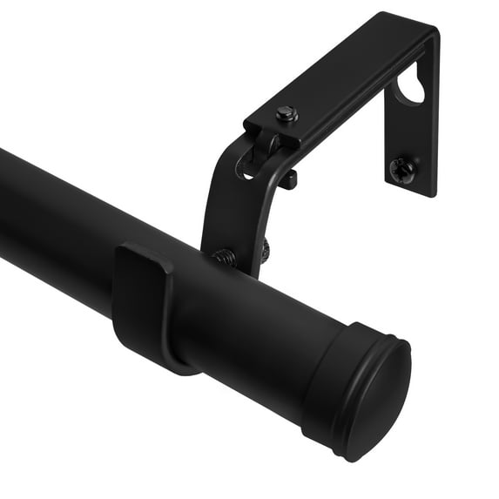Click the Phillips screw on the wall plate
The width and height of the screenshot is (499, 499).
point(403,170)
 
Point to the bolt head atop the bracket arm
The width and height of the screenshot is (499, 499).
point(287,114)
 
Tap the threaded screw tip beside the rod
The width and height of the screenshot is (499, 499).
point(225,257)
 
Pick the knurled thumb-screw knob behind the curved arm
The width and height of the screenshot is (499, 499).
point(264,250)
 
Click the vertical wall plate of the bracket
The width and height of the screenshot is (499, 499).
point(418,131)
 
